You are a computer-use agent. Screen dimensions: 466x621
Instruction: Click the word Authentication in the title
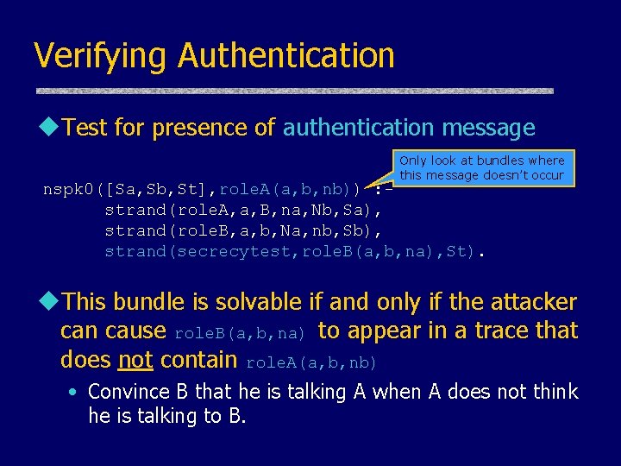pyautogui.click(x=285, y=56)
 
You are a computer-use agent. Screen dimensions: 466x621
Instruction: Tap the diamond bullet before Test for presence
pyautogui.click(x=50, y=128)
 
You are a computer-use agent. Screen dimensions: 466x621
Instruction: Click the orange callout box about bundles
pyautogui.click(x=481, y=167)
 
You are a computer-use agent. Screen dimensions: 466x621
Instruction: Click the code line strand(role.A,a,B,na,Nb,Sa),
pyautogui.click(x=242, y=210)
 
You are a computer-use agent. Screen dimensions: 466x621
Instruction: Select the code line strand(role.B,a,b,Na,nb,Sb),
pyautogui.click(x=242, y=230)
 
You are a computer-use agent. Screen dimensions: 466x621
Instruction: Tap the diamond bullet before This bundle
pyautogui.click(x=50, y=301)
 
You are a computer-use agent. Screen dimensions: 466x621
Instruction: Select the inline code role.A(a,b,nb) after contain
pyautogui.click(x=312, y=361)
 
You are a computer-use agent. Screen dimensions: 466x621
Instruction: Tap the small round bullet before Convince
pyautogui.click(x=74, y=393)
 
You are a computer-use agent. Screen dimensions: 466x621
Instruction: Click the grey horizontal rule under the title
pyautogui.click(x=294, y=91)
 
